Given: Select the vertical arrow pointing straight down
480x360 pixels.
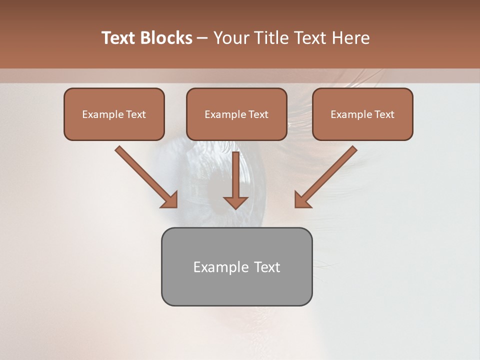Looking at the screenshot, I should tap(235, 180).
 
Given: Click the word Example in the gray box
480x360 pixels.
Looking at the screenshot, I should tap(214, 267).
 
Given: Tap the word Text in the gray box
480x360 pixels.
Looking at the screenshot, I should tap(267, 267).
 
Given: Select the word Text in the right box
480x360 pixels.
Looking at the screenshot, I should tap(384, 114).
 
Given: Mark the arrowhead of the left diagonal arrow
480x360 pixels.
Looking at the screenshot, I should tap(170, 200).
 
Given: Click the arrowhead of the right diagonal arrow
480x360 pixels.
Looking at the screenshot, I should tap(301, 200).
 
